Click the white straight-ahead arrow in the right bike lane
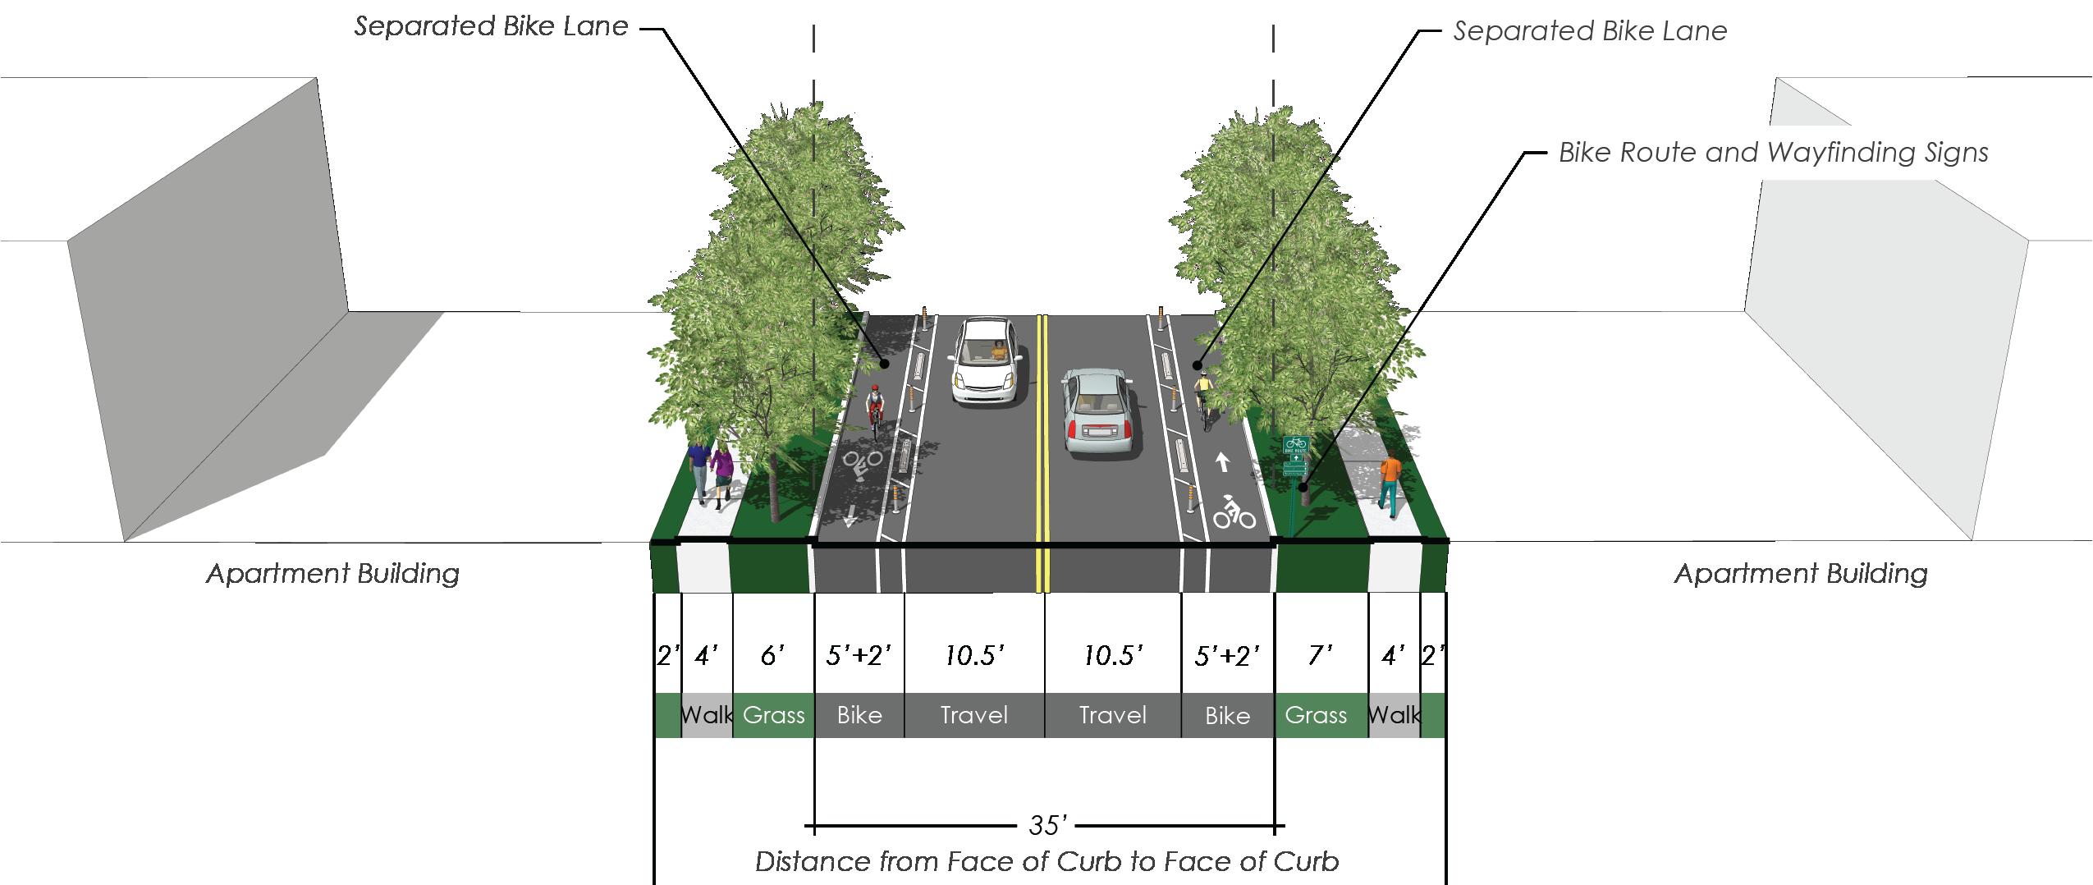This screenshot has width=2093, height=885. point(1222,462)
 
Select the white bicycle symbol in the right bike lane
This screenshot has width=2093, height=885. point(1234,513)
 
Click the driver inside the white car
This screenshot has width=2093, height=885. point(998,351)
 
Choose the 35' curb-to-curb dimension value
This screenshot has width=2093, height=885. point(1047,824)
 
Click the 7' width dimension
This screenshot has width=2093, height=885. point(1320,655)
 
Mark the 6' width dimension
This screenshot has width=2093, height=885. point(772,655)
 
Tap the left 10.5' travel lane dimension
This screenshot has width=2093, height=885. point(974,655)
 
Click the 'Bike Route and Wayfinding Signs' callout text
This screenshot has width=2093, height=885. point(1773,153)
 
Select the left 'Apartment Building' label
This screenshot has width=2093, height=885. point(332,573)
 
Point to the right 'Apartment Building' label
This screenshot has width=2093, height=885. point(1801,573)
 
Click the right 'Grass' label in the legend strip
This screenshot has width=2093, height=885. point(1316,715)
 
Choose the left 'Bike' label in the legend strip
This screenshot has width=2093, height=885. point(859,715)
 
